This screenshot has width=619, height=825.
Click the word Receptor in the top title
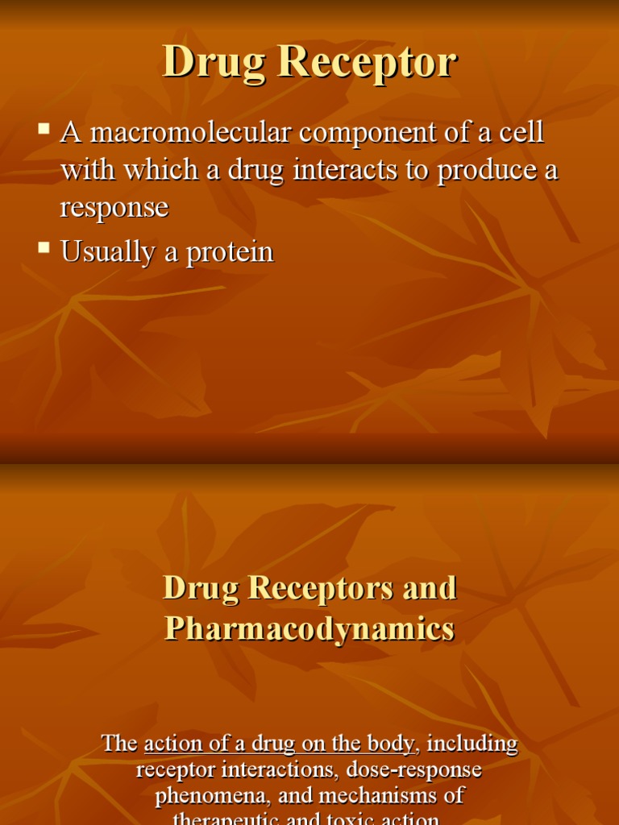pos(368,63)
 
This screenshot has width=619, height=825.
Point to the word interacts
pos(310,170)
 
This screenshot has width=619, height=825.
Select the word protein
pos(230,253)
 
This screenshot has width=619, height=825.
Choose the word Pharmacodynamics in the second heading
pos(309,629)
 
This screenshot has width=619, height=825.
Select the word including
pos(473,743)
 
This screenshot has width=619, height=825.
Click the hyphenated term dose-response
pos(413,769)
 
